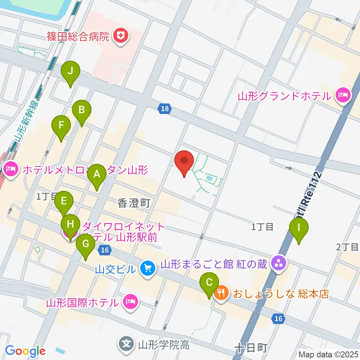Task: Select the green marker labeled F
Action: [61, 127]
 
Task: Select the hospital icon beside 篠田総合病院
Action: [121, 36]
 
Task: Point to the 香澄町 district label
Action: [134, 203]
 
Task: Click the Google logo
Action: [25, 351]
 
